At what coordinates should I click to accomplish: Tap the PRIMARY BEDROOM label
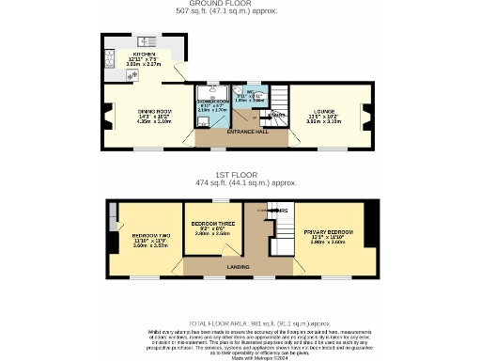click(329, 232)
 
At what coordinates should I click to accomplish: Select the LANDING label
click(239, 267)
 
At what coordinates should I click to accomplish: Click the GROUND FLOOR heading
click(240, 4)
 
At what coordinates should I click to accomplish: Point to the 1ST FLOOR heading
click(240, 175)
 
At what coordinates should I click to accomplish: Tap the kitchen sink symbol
click(146, 41)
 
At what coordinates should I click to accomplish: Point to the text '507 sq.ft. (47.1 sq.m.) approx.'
click(240, 11)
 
